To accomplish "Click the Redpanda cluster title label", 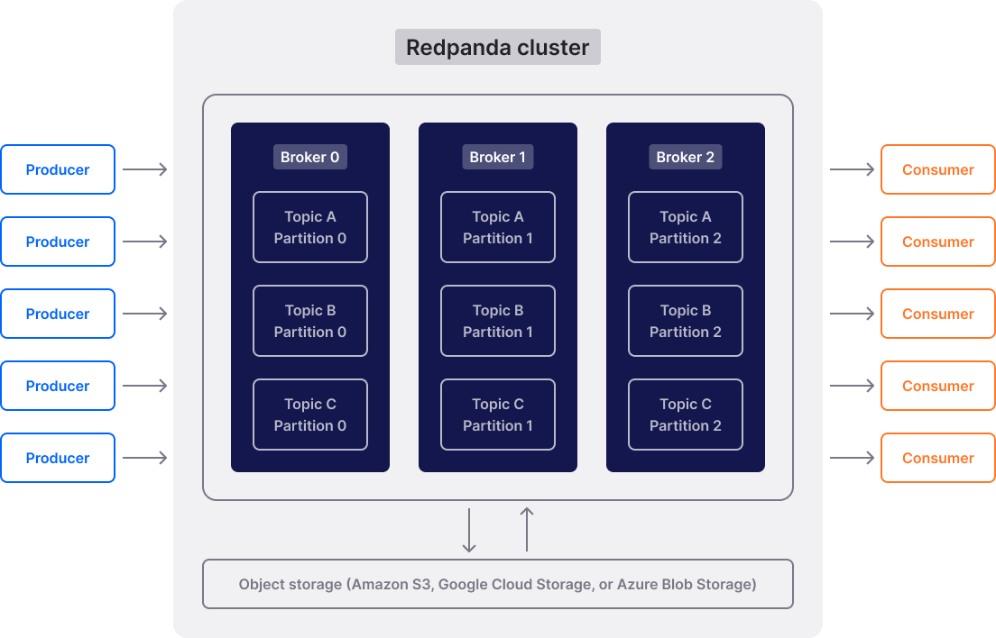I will pyautogui.click(x=497, y=47).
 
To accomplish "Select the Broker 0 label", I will pyautogui.click(x=309, y=157).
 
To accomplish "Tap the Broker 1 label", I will pyautogui.click(x=497, y=157).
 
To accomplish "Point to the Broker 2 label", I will pyautogui.click(x=685, y=157).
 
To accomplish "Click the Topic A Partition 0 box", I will pyautogui.click(x=309, y=227).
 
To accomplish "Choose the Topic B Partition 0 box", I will pyautogui.click(x=309, y=321).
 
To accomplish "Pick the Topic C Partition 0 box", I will pyautogui.click(x=309, y=415).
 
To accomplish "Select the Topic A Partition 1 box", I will pyautogui.click(x=497, y=227).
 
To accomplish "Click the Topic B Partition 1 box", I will pyautogui.click(x=497, y=321).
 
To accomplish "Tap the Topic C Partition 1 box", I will pyautogui.click(x=497, y=415).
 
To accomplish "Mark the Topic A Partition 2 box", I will pyautogui.click(x=685, y=227).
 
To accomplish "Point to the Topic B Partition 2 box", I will pyautogui.click(x=685, y=321).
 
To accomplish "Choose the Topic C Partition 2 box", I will pyautogui.click(x=685, y=415).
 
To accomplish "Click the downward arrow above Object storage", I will pyautogui.click(x=468, y=530).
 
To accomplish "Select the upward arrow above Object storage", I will pyautogui.click(x=527, y=530).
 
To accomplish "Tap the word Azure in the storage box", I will pyautogui.click(x=636, y=585).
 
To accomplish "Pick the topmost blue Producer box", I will pyautogui.click(x=58, y=169).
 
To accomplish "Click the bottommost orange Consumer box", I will pyautogui.click(x=937, y=458).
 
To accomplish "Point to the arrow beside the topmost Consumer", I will pyautogui.click(x=852, y=169).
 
